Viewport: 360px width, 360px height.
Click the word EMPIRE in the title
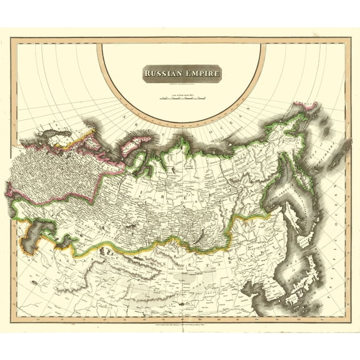coord(201,74)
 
